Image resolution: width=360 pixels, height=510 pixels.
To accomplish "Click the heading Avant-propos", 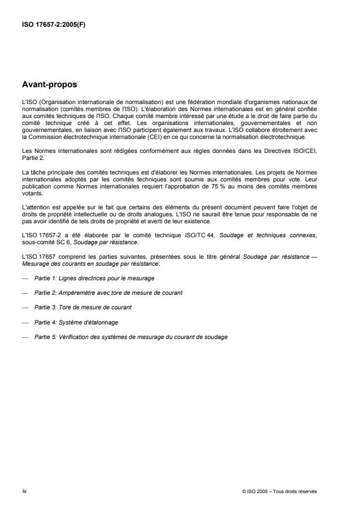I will coord(48,85).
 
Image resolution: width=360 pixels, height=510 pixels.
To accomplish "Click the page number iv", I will coord(24,491).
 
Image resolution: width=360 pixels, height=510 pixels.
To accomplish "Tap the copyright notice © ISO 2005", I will coord(279,491).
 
